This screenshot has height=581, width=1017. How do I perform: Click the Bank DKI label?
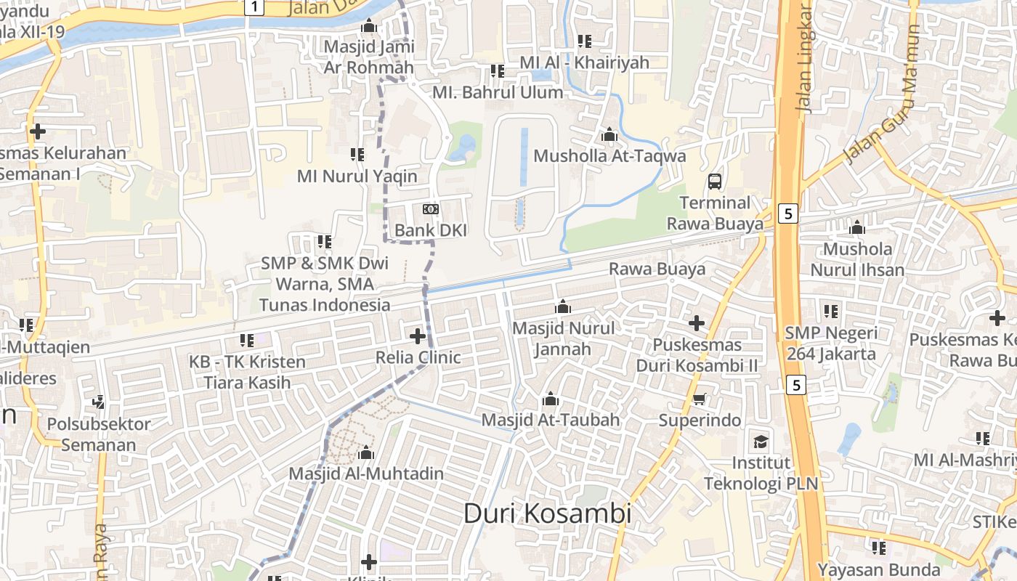click(x=431, y=230)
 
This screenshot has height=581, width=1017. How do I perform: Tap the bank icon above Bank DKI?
click(x=431, y=209)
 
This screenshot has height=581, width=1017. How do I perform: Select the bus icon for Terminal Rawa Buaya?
click(x=715, y=181)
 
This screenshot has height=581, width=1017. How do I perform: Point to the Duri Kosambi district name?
click(x=547, y=513)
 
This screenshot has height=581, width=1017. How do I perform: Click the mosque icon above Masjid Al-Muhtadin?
click(x=366, y=453)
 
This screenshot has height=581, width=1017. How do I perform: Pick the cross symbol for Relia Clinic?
click(x=418, y=336)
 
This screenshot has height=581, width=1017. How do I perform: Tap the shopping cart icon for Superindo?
click(x=700, y=399)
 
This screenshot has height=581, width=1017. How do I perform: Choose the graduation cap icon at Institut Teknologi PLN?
click(x=761, y=442)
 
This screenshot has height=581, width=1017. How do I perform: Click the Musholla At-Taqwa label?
click(x=609, y=156)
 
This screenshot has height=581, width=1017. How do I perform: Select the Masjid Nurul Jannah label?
click(x=563, y=338)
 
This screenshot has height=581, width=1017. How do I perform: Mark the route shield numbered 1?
click(x=253, y=7)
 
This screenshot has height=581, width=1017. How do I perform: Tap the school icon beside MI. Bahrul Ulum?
click(x=498, y=71)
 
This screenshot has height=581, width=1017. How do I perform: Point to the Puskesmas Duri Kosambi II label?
click(x=697, y=354)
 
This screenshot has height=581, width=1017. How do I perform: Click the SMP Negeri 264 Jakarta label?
click(x=831, y=344)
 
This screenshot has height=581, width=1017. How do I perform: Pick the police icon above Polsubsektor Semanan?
click(x=99, y=402)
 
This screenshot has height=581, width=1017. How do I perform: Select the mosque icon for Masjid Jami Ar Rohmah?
click(x=369, y=26)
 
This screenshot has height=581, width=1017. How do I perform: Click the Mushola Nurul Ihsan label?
click(x=857, y=259)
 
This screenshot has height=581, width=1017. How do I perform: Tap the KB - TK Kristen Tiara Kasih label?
click(x=247, y=372)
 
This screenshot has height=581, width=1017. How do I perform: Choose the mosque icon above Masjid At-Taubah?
click(x=551, y=399)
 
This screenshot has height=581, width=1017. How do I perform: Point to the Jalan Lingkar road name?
click(x=804, y=58)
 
